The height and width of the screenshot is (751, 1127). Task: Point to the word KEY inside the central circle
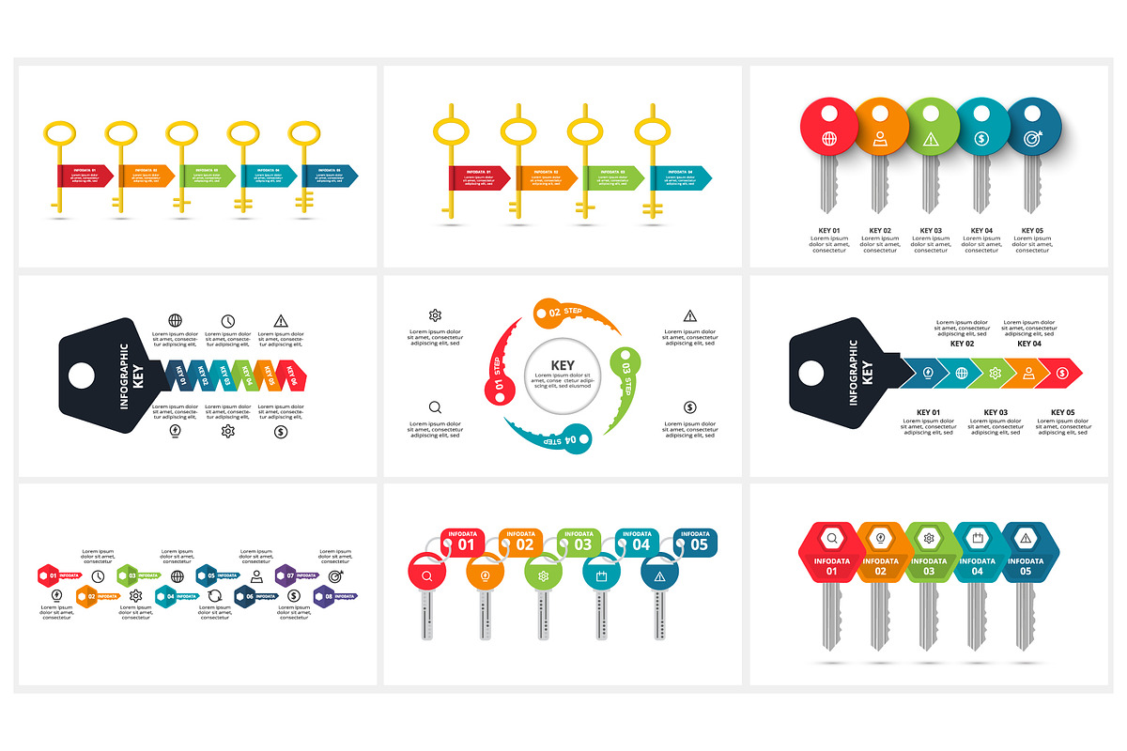click(563, 366)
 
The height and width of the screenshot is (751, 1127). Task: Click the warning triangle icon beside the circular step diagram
click(690, 315)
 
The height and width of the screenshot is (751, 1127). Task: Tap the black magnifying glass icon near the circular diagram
click(435, 407)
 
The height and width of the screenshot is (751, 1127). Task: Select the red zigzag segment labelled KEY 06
click(290, 375)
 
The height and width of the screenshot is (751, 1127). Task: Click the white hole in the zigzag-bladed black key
click(82, 375)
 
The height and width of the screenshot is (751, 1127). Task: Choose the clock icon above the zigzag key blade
click(228, 321)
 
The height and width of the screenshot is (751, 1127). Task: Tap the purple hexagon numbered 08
click(326, 595)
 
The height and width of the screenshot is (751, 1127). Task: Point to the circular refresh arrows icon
click(215, 595)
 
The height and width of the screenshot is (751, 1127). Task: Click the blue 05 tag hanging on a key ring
click(699, 543)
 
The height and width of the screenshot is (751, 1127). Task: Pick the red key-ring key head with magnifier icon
click(427, 575)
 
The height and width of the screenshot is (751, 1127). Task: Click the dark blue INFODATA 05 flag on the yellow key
click(329, 175)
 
